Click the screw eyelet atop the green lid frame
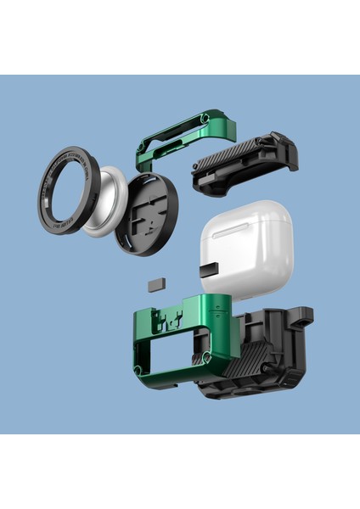pyautogui.click(x=205, y=116)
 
